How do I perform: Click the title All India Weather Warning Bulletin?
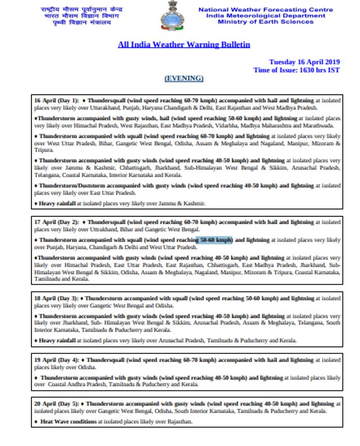click(x=184, y=45)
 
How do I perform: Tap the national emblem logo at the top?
click(x=172, y=16)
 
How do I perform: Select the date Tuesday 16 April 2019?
click(x=304, y=62)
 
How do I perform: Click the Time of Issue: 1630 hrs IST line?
click(x=296, y=70)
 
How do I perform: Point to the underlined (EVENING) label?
click(x=184, y=78)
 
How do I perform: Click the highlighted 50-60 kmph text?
click(x=216, y=240)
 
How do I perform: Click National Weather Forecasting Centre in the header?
click(x=265, y=9)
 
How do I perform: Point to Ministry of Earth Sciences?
click(x=265, y=22)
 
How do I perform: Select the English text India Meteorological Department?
click(x=265, y=16)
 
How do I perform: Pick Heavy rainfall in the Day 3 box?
click(x=57, y=341)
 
